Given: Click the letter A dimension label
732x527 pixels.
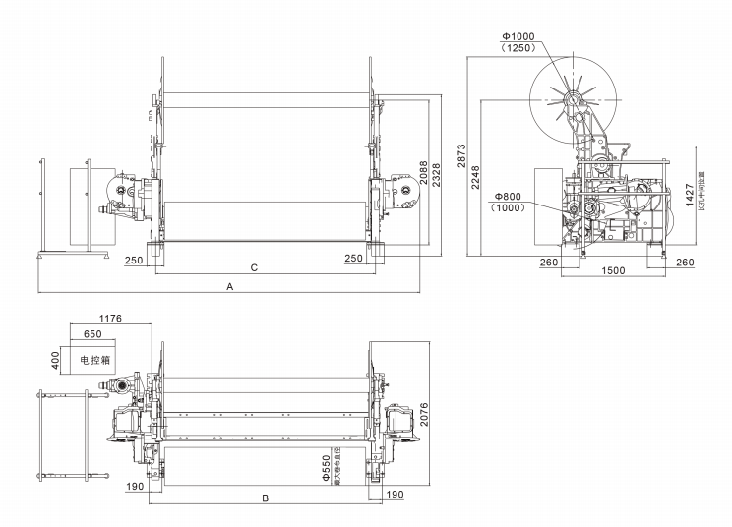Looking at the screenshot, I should pyautogui.click(x=229, y=286).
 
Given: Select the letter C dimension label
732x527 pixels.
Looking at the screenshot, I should pyautogui.click(x=255, y=267).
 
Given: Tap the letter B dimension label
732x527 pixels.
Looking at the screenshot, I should pyautogui.click(x=264, y=499).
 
